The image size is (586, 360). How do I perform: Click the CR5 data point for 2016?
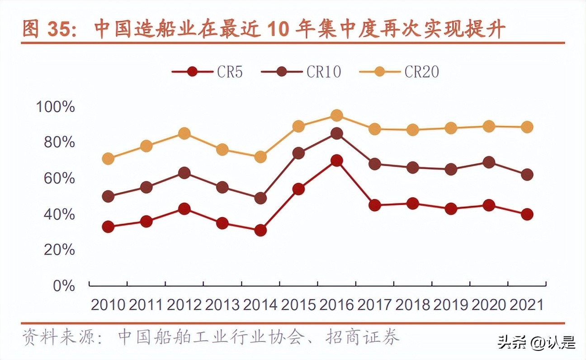click(x=336, y=161)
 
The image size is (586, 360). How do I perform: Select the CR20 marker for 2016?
click(x=336, y=115)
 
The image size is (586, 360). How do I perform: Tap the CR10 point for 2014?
click(x=260, y=198)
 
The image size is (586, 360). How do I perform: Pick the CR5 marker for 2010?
click(x=108, y=227)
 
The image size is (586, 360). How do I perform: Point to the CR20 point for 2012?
click(x=184, y=133)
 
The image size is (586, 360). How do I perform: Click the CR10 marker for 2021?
click(x=527, y=175)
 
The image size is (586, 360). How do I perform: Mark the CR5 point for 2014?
click(x=260, y=231)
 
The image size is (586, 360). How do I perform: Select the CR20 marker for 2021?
click(x=527, y=127)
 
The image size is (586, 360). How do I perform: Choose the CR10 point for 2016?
click(x=336, y=133)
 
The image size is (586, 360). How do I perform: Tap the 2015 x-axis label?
click(x=298, y=305)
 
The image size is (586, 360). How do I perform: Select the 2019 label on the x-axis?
click(x=450, y=305)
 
